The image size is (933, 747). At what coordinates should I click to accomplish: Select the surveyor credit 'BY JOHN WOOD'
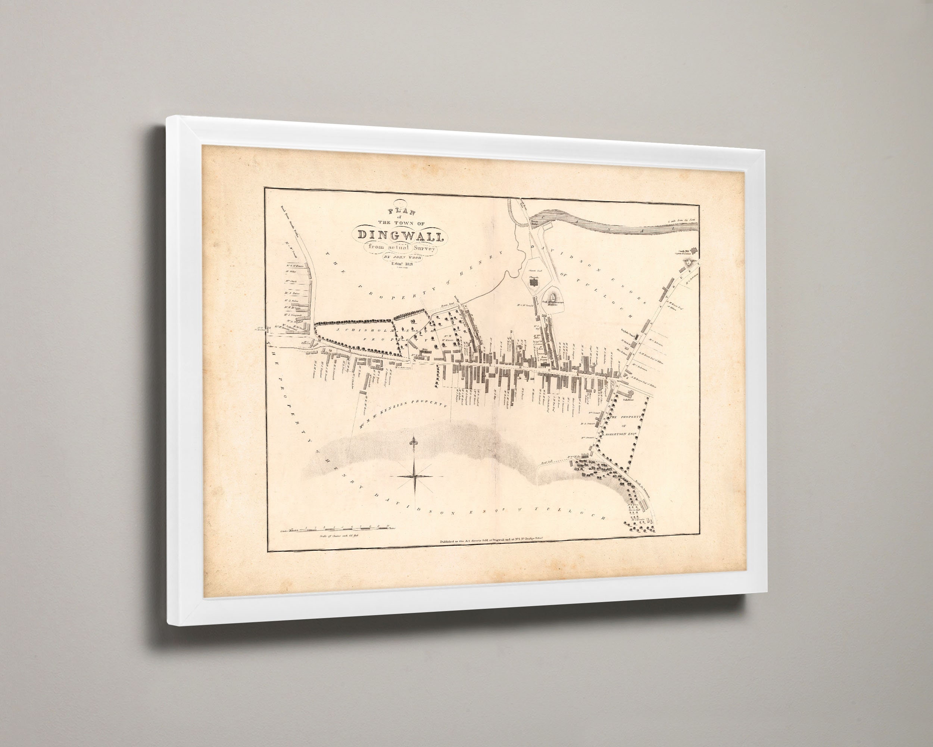coord(402,257)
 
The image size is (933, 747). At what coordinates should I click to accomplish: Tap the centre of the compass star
coord(415,476)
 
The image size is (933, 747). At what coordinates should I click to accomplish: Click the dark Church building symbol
coord(535,283)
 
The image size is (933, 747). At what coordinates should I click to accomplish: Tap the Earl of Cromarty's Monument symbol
coord(554,296)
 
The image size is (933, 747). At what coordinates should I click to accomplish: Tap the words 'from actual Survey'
coord(401,248)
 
